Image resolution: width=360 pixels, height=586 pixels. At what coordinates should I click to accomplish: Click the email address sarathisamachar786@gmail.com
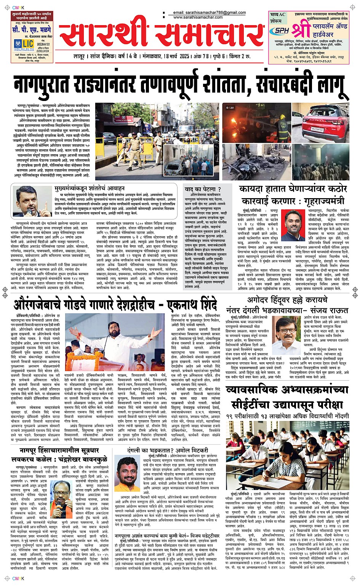[209, 13]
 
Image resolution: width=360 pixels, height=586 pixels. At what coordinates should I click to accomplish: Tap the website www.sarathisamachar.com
[198, 17]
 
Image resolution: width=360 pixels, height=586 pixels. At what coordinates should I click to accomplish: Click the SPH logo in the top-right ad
[282, 30]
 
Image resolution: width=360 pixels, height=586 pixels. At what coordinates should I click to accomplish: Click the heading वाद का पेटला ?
[203, 189]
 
